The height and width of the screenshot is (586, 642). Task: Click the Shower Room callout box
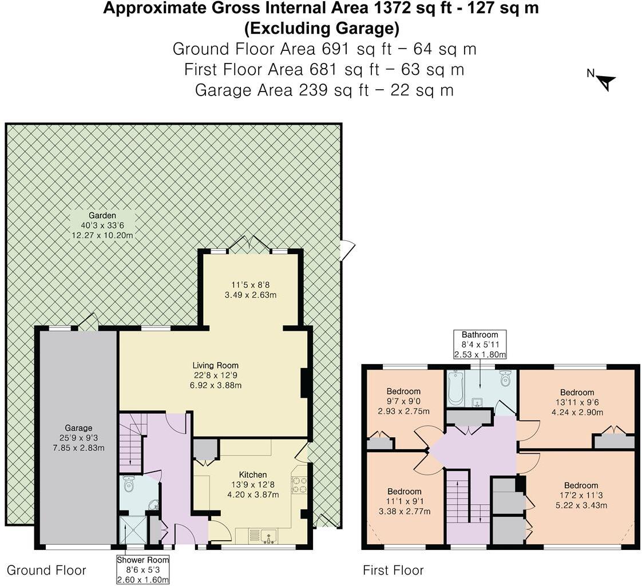tap(143, 569)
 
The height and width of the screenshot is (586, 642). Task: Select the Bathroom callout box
tap(480, 345)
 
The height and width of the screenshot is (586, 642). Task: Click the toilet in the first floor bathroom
tap(505, 379)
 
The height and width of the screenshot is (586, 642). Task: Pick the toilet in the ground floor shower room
tap(129, 485)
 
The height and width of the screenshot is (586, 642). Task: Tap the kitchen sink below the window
tap(268, 536)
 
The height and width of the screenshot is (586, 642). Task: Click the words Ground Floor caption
tap(46, 570)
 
